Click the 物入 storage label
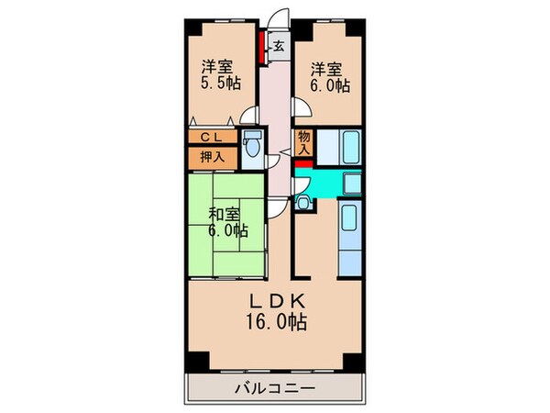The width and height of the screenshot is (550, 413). pyautogui.click(x=305, y=143)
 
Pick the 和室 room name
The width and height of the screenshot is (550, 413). pyautogui.click(x=225, y=214)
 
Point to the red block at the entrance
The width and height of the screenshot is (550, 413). pyautogui.click(x=263, y=46)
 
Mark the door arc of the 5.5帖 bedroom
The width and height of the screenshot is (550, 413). pyautogui.click(x=248, y=116)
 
